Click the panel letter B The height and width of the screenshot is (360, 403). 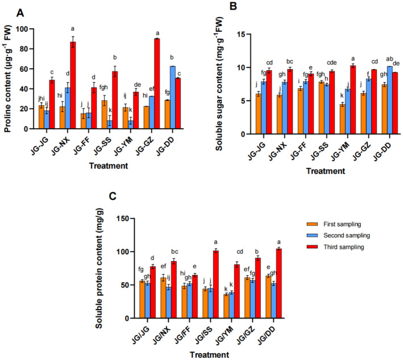248,7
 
